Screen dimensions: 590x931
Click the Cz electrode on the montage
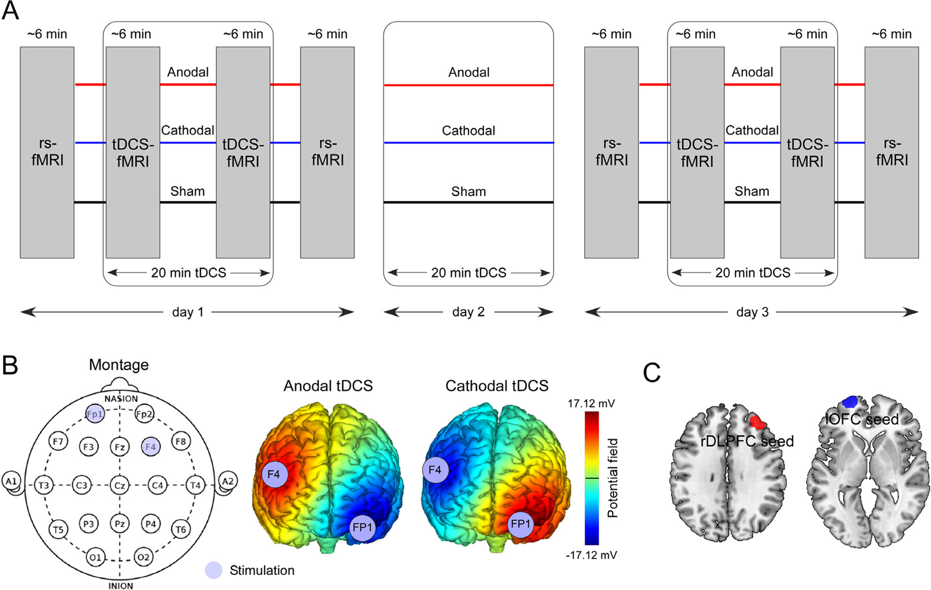[x=120, y=485]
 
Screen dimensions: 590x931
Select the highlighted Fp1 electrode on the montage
[x=95, y=414]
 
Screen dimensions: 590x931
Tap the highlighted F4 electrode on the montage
[x=151, y=446]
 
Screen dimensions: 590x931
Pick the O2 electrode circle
[x=143, y=557]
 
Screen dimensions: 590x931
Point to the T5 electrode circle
[x=58, y=529]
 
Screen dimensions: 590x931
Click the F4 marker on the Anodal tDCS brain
[x=274, y=474]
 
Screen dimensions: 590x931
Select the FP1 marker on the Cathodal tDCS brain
[x=520, y=524]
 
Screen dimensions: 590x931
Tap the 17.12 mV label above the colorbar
[x=591, y=403]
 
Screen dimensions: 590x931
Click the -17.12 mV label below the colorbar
[x=591, y=555]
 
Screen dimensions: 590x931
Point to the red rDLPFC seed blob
[x=758, y=422]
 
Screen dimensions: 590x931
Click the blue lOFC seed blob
[x=850, y=401]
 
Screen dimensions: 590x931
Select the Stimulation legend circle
[x=213, y=570]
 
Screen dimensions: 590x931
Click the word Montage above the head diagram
[x=119, y=365]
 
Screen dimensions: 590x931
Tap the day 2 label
[x=468, y=312]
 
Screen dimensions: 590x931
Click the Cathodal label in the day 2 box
[x=468, y=131]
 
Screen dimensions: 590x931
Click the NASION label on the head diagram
[x=121, y=399]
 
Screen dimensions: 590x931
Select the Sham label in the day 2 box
[x=468, y=191]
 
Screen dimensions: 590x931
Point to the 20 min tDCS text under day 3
[x=752, y=273]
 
